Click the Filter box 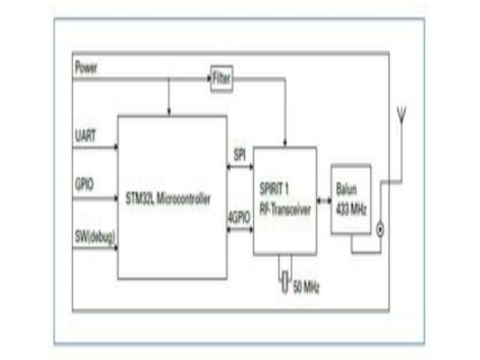click(x=222, y=79)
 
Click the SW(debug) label click(x=94, y=237)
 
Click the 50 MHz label click(x=307, y=286)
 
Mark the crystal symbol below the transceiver click(x=284, y=279)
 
